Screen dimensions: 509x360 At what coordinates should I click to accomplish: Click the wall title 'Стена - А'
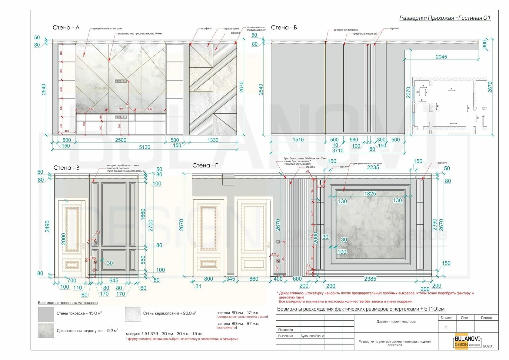pos(66,28)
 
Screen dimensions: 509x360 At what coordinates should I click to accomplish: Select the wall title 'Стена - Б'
pos(284,28)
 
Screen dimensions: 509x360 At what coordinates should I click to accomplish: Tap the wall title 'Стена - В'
pos(66,168)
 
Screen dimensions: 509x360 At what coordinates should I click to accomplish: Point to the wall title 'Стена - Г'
pos(205,165)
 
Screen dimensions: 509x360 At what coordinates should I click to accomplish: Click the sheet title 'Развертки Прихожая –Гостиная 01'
pos(444,18)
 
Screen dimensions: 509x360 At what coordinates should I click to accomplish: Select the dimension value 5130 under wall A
pos(145,147)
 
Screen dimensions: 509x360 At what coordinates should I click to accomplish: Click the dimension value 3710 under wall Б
pos(338,151)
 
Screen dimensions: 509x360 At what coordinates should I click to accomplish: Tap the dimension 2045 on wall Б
pos(441,57)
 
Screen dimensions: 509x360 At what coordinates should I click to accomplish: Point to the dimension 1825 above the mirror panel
pos(370,194)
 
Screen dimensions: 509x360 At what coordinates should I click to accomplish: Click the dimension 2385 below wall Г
pos(370,279)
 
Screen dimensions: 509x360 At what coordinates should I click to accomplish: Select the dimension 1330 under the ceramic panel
pos(213,140)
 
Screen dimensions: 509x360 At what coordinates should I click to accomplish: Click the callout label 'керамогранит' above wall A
pos(231,29)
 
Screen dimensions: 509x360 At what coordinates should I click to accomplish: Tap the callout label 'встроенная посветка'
pos(345,30)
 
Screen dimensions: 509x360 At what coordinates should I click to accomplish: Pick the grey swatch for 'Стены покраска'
pos(46,314)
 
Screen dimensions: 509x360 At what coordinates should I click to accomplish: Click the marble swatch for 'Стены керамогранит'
pos(133,314)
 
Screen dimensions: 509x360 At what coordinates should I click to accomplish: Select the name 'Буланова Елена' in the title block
pos(312,336)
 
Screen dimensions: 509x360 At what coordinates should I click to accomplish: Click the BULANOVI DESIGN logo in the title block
pos(467,341)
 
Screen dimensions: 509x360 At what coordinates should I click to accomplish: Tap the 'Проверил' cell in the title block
pos(285,330)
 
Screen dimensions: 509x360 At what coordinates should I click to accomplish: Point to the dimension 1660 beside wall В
pos(143,214)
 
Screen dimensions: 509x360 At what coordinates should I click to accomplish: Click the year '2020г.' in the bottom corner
pos(488,346)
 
